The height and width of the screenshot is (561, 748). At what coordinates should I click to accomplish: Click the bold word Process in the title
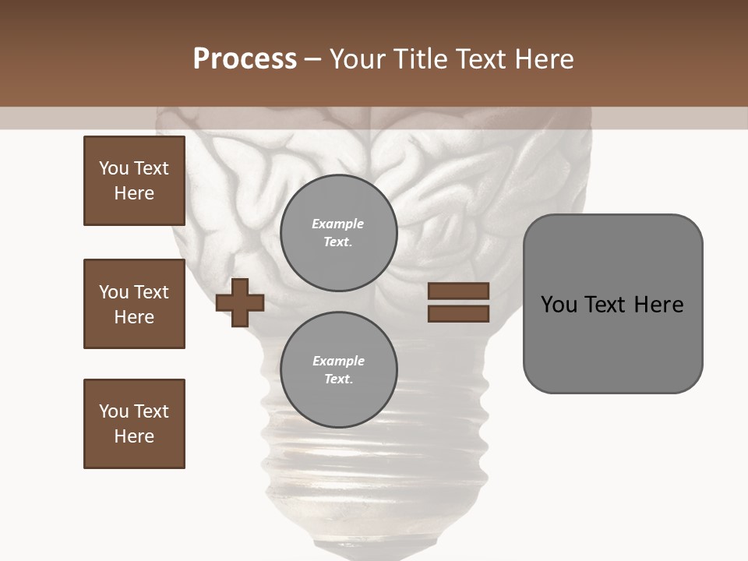pyautogui.click(x=245, y=59)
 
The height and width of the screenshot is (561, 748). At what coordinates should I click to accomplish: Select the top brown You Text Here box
pyautogui.click(x=134, y=181)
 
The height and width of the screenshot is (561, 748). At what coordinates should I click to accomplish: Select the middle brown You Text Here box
pyautogui.click(x=134, y=304)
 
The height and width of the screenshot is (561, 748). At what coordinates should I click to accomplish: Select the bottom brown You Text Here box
pyautogui.click(x=134, y=424)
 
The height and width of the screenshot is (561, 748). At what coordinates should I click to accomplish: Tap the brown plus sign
pyautogui.click(x=240, y=302)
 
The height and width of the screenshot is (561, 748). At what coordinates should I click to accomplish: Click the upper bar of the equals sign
pyautogui.click(x=458, y=291)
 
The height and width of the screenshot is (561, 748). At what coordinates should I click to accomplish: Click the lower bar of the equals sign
pyautogui.click(x=458, y=313)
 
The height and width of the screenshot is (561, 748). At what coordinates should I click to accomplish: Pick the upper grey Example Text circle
pyautogui.click(x=338, y=232)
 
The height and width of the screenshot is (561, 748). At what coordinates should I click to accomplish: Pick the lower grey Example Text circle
pyautogui.click(x=338, y=369)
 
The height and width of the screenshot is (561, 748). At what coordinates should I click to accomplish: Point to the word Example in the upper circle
pyautogui.click(x=338, y=224)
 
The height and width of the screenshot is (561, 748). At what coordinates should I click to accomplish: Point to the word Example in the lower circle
pyautogui.click(x=338, y=361)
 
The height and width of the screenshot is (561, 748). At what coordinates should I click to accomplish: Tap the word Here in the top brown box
pyautogui.click(x=134, y=193)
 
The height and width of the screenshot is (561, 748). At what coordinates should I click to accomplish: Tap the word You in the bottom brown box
pyautogui.click(x=114, y=411)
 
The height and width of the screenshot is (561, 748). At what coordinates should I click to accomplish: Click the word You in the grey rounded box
pyautogui.click(x=558, y=305)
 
